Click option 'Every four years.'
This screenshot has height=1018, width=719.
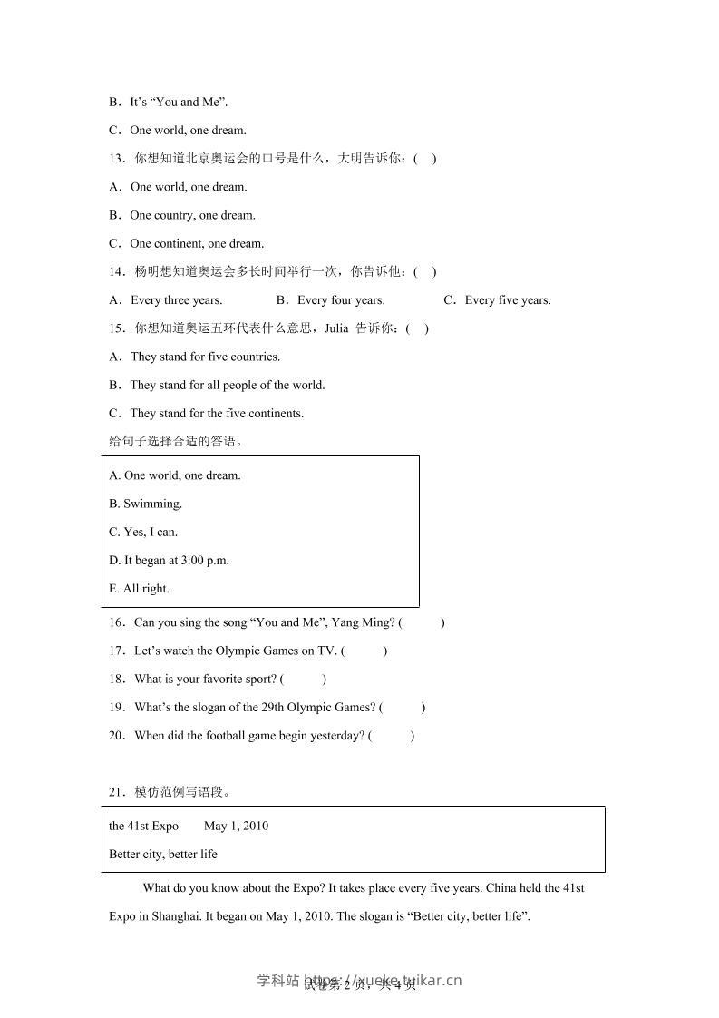coord(341,300)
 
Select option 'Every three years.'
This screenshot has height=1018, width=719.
coord(176,300)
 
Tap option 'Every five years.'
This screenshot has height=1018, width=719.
coord(508,300)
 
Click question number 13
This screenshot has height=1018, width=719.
coord(116,159)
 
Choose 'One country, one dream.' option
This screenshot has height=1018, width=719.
coord(192,215)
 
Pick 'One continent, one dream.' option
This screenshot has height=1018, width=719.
coord(197,243)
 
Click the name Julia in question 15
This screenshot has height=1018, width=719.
coord(335,328)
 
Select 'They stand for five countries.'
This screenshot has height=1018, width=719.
coord(205,357)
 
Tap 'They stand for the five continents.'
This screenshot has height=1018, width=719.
coord(217,413)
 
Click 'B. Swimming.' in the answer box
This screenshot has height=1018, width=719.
coord(145,504)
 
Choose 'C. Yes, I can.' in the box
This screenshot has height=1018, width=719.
coord(143,532)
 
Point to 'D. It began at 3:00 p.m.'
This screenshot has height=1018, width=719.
coord(169,560)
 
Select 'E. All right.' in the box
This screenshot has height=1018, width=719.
coord(139,588)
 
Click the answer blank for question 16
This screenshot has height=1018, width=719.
coord(423,622)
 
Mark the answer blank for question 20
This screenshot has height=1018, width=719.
coord(391,736)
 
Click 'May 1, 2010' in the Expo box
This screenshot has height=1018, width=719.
coord(236,826)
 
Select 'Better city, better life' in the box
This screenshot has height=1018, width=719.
coord(163,854)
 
